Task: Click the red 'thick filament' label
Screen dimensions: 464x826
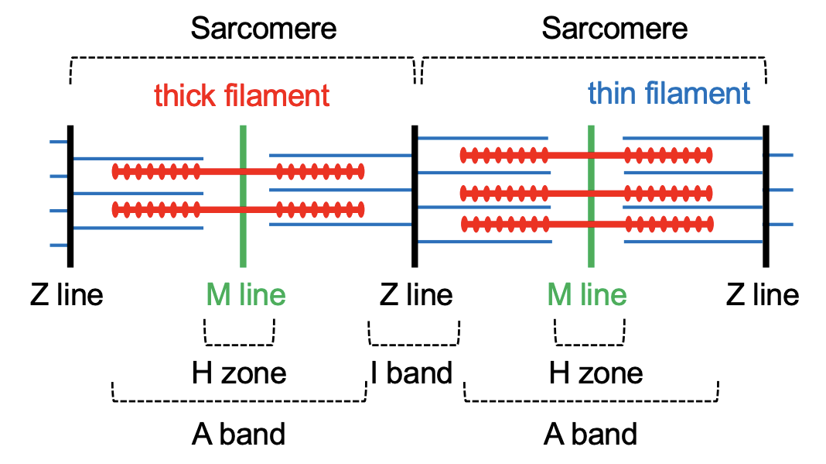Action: click(x=241, y=96)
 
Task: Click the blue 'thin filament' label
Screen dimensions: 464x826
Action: click(x=668, y=94)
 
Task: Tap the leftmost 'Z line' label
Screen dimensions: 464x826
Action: click(x=67, y=295)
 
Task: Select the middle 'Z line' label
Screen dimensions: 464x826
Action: click(x=416, y=295)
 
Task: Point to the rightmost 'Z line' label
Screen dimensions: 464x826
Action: click(x=763, y=295)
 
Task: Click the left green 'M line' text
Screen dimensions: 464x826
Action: click(x=245, y=295)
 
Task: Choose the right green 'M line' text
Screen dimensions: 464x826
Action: click(x=587, y=295)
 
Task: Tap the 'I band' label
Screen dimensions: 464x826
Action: click(x=411, y=373)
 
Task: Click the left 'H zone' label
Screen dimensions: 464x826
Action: click(x=239, y=373)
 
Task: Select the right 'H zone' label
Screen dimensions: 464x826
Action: click(x=596, y=373)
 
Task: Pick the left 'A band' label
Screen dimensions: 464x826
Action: click(x=238, y=434)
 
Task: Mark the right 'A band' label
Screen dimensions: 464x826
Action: click(x=590, y=434)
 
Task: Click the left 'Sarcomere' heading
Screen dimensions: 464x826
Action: click(x=264, y=29)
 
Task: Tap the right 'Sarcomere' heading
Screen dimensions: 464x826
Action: click(x=614, y=29)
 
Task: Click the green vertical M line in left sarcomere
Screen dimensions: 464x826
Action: click(x=243, y=232)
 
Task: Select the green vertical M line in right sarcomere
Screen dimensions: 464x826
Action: click(x=591, y=240)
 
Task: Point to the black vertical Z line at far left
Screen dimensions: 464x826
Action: click(x=70, y=232)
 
